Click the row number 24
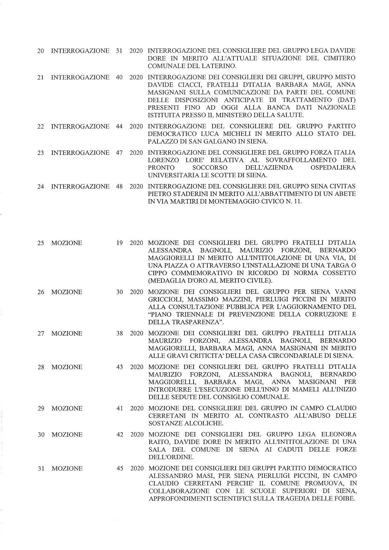point(40,187)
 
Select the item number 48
point(119,187)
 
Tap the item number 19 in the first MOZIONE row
point(119,243)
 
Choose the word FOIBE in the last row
point(344,499)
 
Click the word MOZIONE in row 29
point(67,409)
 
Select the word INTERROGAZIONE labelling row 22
point(80,126)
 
